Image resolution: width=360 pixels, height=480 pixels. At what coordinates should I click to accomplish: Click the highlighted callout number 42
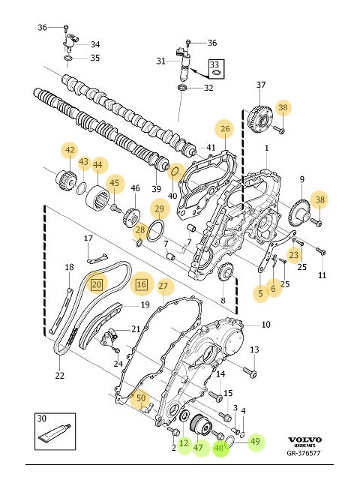point(70,150)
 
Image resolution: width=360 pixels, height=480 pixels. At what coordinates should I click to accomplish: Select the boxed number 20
point(97,284)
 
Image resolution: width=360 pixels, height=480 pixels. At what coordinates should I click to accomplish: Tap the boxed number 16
point(141,284)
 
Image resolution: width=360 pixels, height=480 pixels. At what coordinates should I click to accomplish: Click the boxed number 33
point(214,64)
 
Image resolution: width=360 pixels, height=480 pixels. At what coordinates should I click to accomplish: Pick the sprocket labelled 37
point(260,117)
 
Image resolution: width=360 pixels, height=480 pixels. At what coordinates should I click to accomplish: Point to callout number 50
point(140,398)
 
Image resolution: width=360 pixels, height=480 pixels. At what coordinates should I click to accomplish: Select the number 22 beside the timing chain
point(59,375)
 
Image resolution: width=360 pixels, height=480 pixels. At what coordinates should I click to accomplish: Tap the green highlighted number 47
point(199,448)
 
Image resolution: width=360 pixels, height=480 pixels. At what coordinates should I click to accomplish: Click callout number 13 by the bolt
point(254,349)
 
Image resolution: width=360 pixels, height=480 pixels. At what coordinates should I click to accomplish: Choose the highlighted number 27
point(163,285)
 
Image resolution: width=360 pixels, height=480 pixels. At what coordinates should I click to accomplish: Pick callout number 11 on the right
point(322,275)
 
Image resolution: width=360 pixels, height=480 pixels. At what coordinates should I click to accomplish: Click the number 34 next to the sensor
point(95,44)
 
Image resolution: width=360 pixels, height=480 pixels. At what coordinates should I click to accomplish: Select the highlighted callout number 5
point(260,293)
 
